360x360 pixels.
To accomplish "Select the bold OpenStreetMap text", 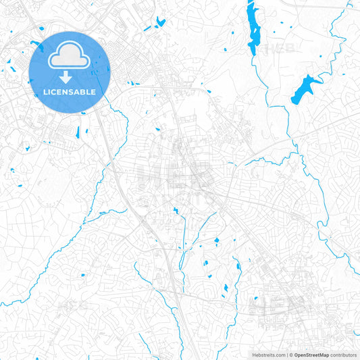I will click(x=311, y=354).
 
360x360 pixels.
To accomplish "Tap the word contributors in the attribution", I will click(x=344, y=354).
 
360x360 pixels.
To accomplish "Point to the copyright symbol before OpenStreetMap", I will click(x=290, y=354).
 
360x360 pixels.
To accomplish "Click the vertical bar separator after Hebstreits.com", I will click(x=286, y=354).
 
